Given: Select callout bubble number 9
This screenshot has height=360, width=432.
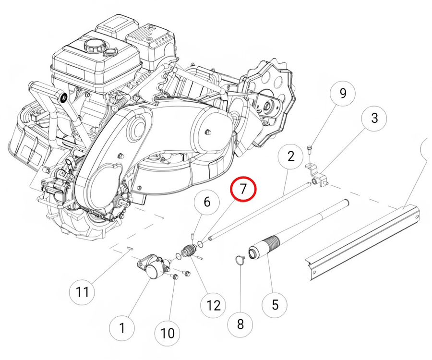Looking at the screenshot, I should click(342, 94).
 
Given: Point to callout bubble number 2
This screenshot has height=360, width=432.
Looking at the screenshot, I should click(290, 156).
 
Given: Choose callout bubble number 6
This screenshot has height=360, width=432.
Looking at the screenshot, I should click(207, 202).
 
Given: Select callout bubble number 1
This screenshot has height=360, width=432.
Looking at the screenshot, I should click(121, 328).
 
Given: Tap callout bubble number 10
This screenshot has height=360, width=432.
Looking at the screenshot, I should click(168, 332).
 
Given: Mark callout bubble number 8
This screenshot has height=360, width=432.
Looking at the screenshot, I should click(240, 324).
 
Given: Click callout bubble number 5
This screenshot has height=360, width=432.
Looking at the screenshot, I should click(275, 304).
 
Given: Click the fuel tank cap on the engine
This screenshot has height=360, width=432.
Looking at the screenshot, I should click(93, 47).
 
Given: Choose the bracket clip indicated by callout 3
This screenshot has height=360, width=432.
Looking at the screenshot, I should click(317, 175).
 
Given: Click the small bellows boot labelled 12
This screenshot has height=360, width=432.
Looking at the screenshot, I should click(189, 252).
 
